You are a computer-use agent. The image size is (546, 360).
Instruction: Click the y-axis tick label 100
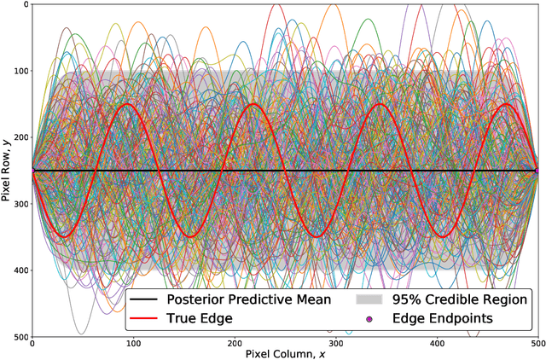pos(18,71)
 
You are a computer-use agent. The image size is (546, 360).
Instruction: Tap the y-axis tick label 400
pos(18,270)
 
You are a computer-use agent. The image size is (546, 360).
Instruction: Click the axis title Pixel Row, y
pos(7,171)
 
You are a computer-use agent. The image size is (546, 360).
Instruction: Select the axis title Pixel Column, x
pos(285,353)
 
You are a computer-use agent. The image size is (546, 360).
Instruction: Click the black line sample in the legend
pos(148,299)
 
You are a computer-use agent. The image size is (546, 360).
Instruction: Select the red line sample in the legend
pos(148,319)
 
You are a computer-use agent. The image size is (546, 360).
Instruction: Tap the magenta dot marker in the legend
pos(369,319)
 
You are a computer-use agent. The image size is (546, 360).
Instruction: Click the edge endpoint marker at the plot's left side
pos(32,171)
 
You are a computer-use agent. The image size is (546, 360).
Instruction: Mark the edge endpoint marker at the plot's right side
pos(537,171)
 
